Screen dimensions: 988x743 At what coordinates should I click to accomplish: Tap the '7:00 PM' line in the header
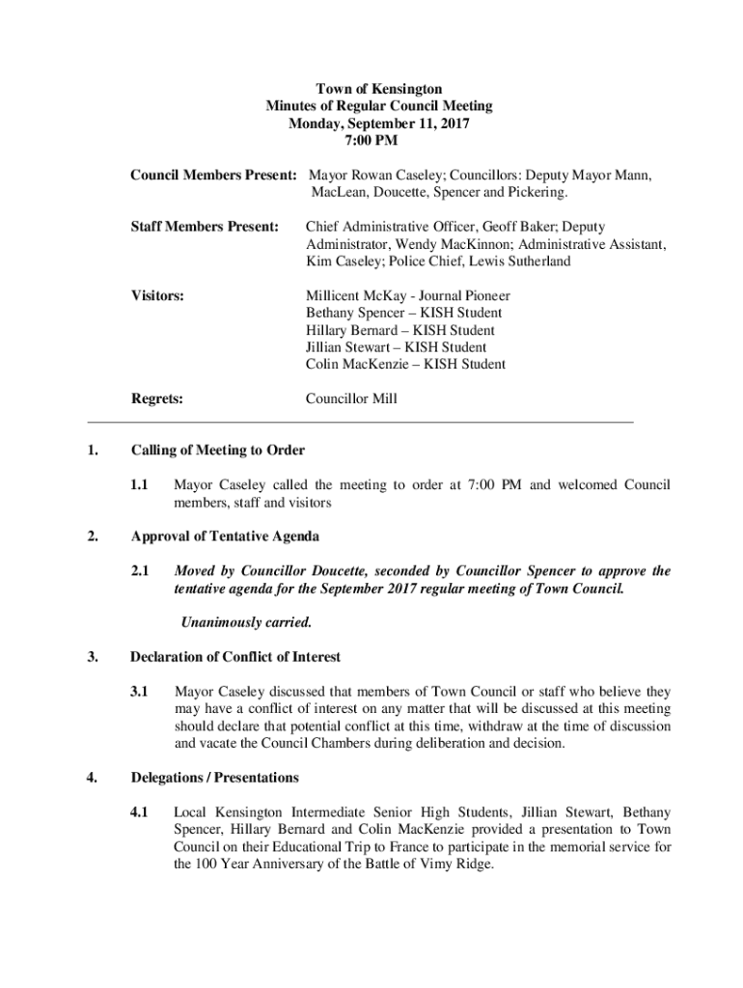pyautogui.click(x=371, y=141)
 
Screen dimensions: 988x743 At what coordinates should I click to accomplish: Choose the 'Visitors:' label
pyautogui.click(x=158, y=296)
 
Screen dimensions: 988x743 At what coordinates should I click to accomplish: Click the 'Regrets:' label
pyautogui.click(x=157, y=398)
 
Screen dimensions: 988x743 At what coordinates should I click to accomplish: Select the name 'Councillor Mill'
pyautogui.click(x=351, y=398)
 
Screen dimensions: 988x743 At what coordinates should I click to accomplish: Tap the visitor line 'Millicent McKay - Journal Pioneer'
pyautogui.click(x=408, y=296)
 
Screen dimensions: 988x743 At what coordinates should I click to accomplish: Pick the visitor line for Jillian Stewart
pyautogui.click(x=396, y=347)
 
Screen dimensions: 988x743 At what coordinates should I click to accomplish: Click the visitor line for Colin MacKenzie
pyautogui.click(x=405, y=365)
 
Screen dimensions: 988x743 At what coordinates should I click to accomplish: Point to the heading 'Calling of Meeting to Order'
pyautogui.click(x=218, y=451)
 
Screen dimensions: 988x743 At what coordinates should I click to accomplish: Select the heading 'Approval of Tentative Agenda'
pyautogui.click(x=225, y=536)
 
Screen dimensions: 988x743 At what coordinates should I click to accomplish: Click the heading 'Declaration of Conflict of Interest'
pyautogui.click(x=235, y=657)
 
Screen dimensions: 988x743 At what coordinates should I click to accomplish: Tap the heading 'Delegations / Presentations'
pyautogui.click(x=214, y=778)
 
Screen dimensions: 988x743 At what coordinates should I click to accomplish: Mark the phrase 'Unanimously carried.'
pyautogui.click(x=247, y=622)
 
